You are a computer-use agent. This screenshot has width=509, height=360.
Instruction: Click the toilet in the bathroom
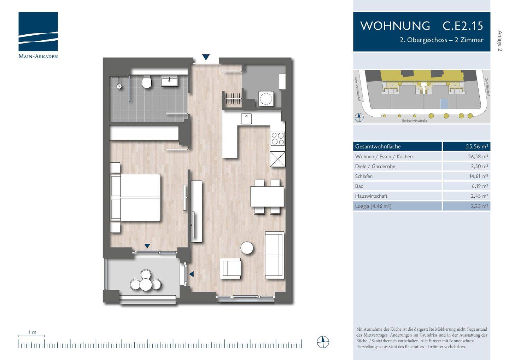(x=147, y=83)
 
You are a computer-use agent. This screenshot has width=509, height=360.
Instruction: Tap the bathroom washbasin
(x=170, y=81)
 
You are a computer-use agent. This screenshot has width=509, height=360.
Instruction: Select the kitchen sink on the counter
(x=246, y=118)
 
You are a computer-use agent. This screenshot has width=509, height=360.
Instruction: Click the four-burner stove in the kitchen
(x=277, y=139)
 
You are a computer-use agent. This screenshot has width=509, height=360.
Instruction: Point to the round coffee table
(x=247, y=248)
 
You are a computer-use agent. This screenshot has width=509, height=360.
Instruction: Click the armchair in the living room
(x=230, y=268)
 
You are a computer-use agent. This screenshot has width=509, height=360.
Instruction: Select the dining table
(x=267, y=197)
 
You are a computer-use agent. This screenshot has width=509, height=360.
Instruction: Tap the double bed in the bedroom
(x=135, y=197)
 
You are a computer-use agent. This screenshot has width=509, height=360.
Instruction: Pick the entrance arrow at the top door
(x=206, y=57)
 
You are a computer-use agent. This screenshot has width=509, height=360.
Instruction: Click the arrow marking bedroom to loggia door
(x=147, y=246)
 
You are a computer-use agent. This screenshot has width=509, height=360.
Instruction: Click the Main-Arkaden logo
(x=38, y=35)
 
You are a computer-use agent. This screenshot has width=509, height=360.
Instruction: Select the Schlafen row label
(x=364, y=176)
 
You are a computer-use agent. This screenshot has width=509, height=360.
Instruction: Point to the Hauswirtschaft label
(x=371, y=196)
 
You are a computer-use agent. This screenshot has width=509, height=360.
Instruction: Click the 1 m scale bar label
(x=32, y=332)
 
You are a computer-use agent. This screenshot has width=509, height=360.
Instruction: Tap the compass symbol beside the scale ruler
(x=323, y=342)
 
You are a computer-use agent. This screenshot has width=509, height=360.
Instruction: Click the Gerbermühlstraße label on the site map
(x=414, y=121)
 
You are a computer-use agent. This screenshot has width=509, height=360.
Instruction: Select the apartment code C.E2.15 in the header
(x=463, y=26)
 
